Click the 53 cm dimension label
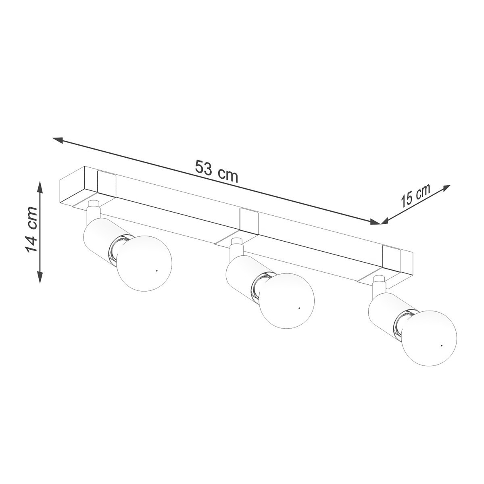217,171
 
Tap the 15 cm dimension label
415,196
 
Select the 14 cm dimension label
32,229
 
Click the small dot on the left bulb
156,270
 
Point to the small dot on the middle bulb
299,308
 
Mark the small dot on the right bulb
442,346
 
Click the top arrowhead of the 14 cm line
40,185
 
